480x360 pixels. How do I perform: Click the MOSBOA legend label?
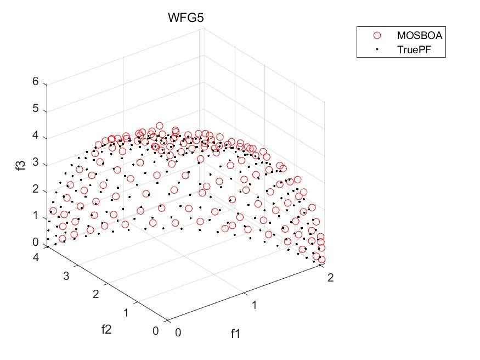pyautogui.click(x=419, y=35)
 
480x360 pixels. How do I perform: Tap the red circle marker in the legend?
pyautogui.click(x=377, y=35)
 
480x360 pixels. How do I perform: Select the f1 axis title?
pyautogui.click(x=236, y=333)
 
